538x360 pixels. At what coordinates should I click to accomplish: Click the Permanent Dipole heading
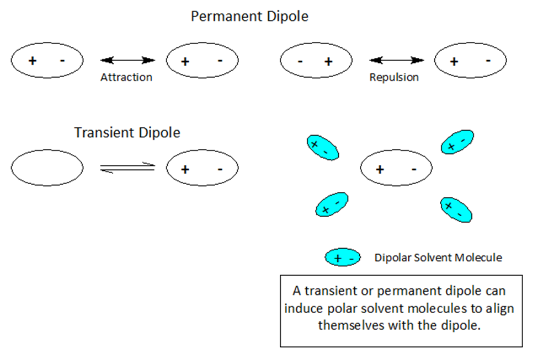(x=249, y=17)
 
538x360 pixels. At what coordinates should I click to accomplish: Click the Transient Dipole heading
(x=127, y=133)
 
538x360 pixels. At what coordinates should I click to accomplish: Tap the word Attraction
(x=126, y=78)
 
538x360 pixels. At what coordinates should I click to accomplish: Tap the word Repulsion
(x=394, y=78)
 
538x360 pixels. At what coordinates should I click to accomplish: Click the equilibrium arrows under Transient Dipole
(x=127, y=168)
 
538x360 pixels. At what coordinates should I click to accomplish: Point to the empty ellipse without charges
(x=47, y=168)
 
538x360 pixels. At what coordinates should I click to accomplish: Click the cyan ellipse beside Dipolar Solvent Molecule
(x=343, y=257)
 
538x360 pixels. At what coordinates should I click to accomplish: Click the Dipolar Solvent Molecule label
(x=438, y=257)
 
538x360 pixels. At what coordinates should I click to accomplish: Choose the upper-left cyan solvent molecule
(x=322, y=147)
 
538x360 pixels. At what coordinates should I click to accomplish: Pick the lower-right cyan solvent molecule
(x=456, y=210)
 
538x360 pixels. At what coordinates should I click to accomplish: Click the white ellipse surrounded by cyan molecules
(x=396, y=169)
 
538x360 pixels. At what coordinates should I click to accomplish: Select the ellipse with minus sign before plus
(x=316, y=60)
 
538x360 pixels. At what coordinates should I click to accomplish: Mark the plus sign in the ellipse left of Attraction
(x=32, y=60)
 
